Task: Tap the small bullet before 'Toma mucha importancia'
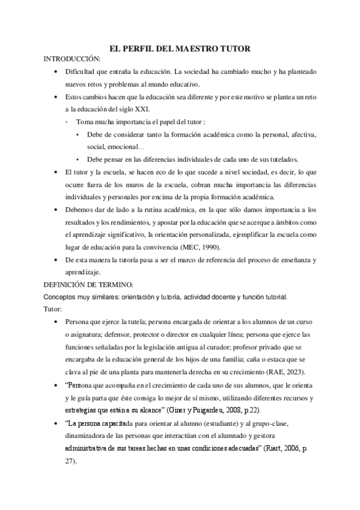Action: coord(66,122)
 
